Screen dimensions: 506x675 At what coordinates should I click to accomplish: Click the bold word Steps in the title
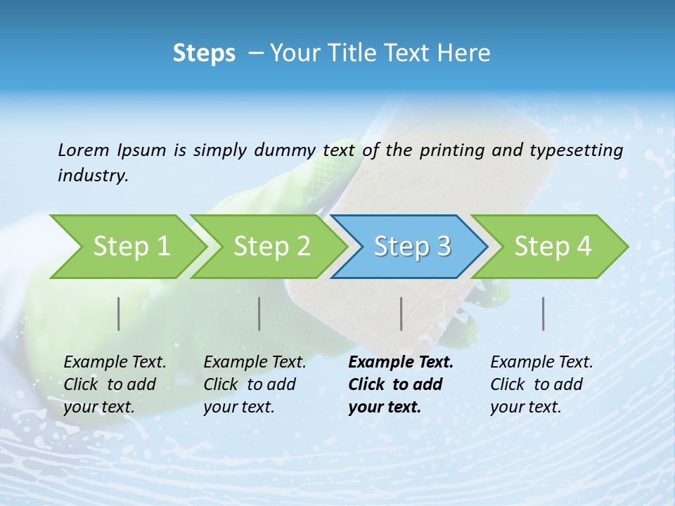point(204,53)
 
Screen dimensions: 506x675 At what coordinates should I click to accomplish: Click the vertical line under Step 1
point(119,313)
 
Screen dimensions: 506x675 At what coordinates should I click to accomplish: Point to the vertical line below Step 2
point(259,313)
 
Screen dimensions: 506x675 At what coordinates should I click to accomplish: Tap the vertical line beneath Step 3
point(401,313)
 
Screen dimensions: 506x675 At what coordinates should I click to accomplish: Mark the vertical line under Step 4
point(544,313)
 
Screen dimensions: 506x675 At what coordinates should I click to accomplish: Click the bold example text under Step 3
point(400,384)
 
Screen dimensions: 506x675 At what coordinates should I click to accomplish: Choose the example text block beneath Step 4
point(541,384)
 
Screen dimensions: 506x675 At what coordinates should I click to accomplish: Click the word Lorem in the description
point(83,150)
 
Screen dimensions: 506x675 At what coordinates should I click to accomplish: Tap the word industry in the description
point(93,176)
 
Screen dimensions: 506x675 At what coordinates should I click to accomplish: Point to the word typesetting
point(581,150)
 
